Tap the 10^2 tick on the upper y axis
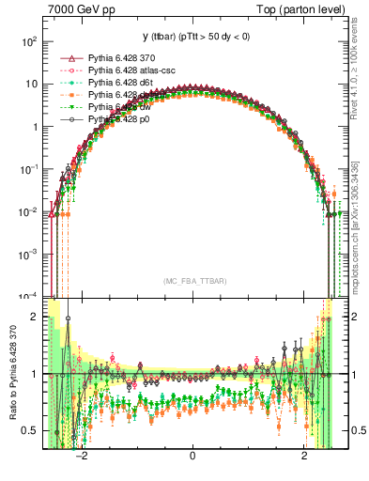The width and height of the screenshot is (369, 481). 30,42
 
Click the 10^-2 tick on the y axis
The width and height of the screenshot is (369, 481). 29,211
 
